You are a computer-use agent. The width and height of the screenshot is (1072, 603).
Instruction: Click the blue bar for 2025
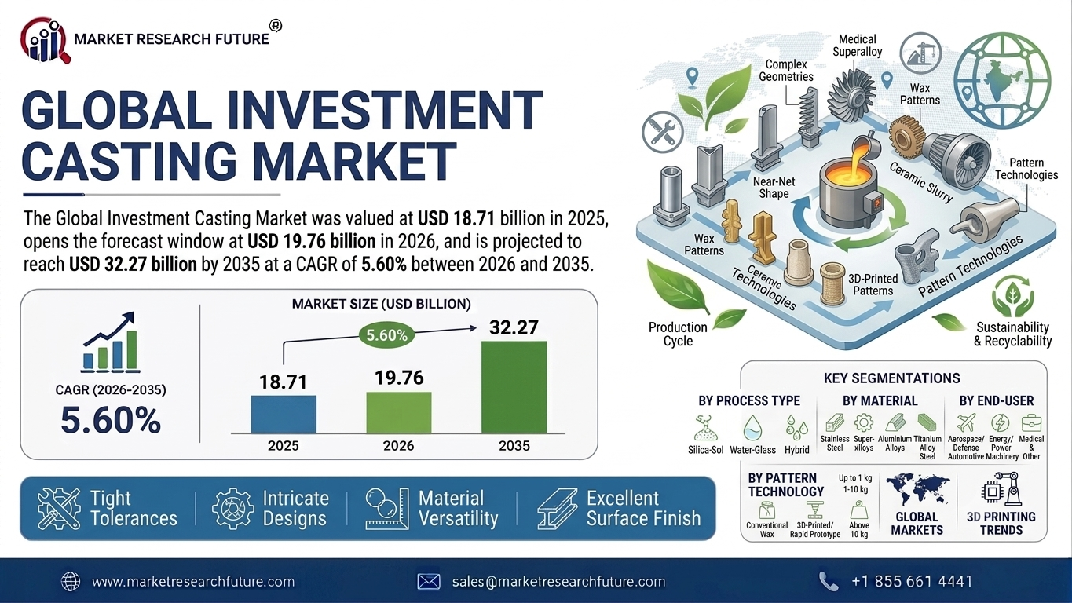point(284,414)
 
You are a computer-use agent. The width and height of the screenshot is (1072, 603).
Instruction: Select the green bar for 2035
point(514,387)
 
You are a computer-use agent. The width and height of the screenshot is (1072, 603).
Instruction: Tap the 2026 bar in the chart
point(399,412)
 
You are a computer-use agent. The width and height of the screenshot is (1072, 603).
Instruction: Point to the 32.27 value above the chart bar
point(514,327)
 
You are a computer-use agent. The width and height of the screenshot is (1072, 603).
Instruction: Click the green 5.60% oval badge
point(386,335)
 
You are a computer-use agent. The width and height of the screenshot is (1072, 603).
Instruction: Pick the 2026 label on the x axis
point(399,446)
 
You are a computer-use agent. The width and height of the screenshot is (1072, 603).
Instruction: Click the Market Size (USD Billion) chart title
point(382,304)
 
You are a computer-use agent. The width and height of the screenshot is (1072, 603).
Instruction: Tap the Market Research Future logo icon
point(46,41)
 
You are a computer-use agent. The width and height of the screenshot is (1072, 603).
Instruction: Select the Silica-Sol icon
point(705,429)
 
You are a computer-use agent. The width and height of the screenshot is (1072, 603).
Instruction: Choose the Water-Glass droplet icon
point(752,428)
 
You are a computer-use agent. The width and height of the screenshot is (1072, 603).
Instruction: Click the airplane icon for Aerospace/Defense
point(966,423)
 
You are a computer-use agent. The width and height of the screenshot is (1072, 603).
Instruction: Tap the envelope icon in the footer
point(428,582)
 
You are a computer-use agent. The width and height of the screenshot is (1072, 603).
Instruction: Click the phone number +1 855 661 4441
point(912,582)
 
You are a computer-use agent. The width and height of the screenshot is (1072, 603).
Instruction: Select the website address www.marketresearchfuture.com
point(193,582)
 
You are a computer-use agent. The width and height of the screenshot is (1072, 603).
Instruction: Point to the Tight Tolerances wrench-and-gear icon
point(59,508)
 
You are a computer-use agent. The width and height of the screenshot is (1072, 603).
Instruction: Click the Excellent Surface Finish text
point(644,508)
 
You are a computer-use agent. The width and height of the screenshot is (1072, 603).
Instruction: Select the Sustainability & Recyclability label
point(1012,334)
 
